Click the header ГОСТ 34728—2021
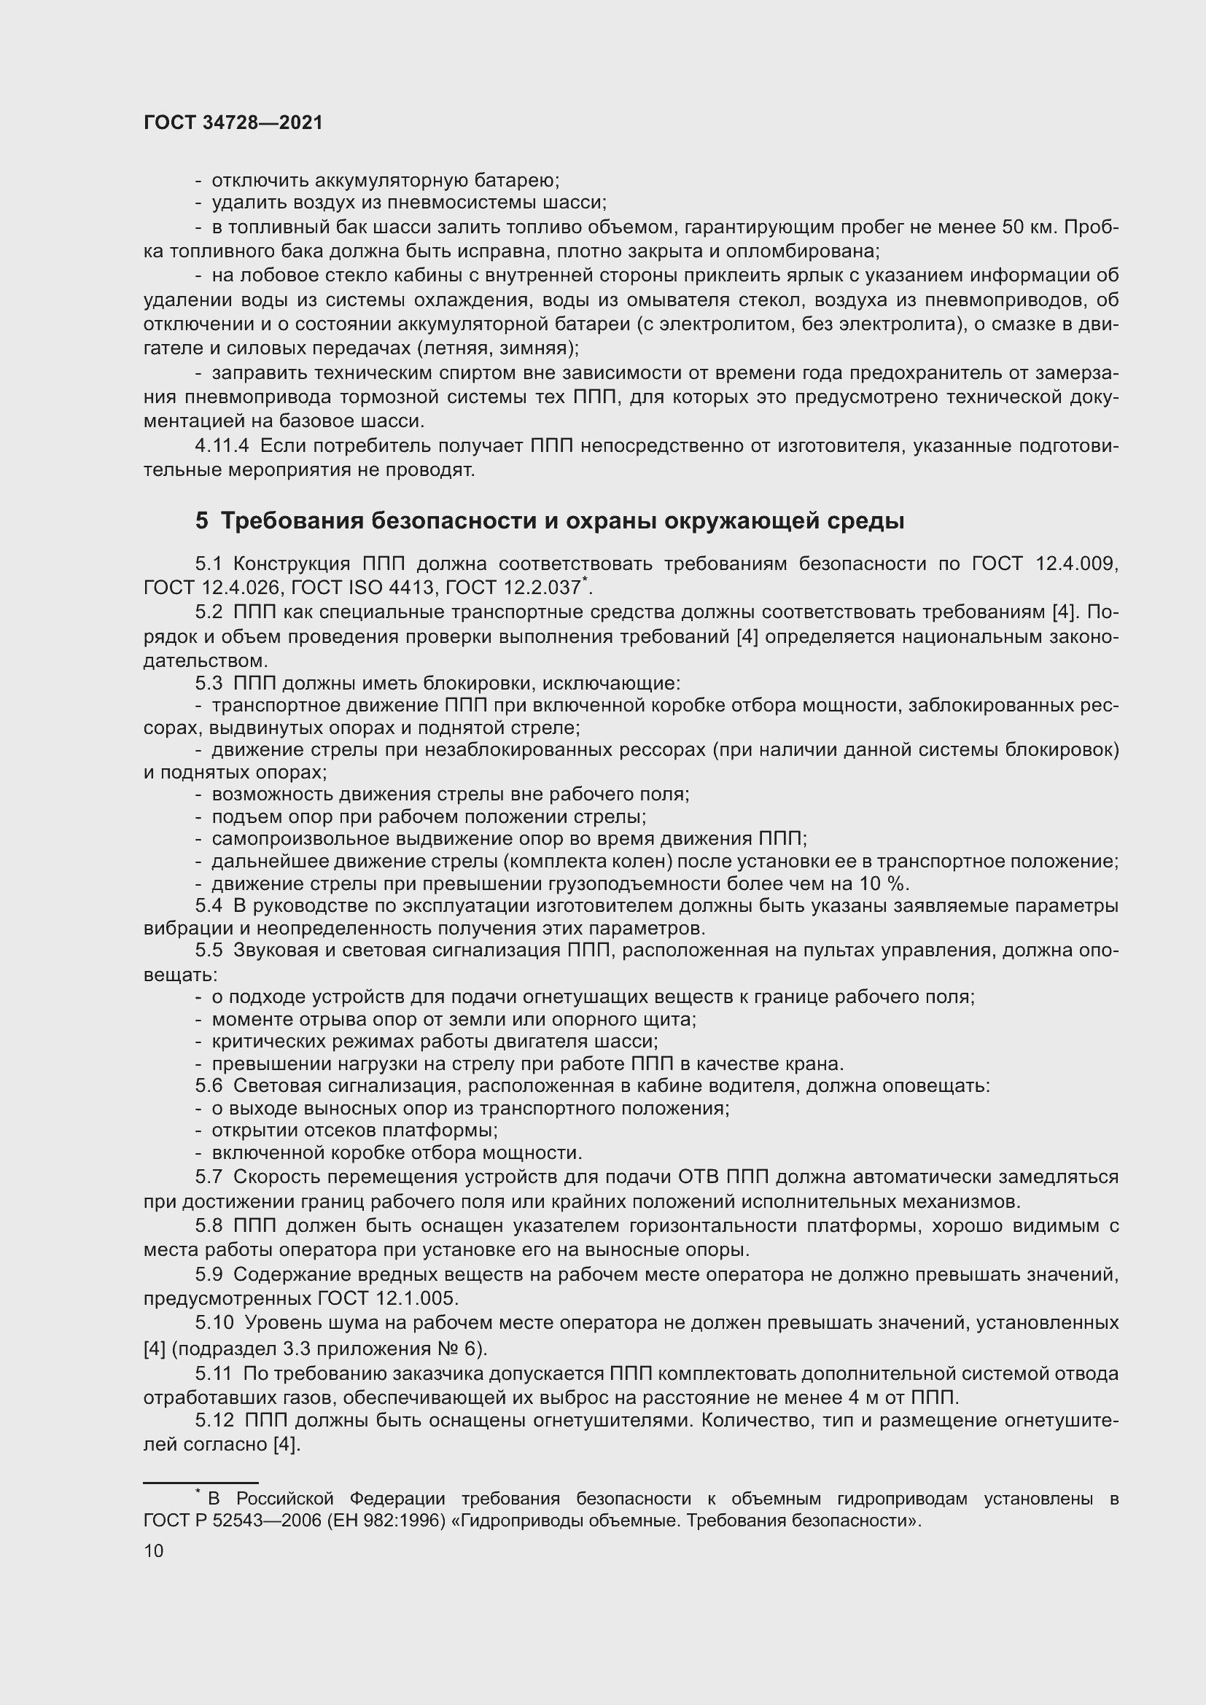coord(233,122)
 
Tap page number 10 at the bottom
coord(154,1550)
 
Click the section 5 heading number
coord(202,520)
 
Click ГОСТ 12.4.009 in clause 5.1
coord(1044,563)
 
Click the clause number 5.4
coord(209,906)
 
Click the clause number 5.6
coord(209,1085)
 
